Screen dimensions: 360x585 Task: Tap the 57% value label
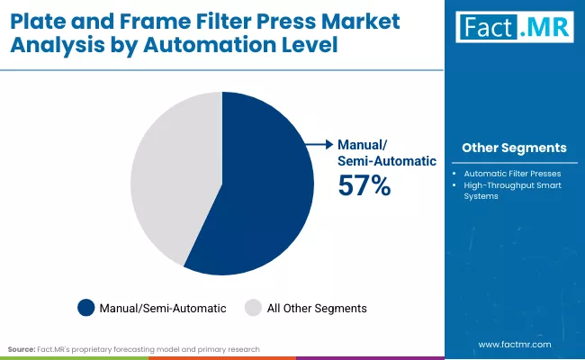click(x=364, y=185)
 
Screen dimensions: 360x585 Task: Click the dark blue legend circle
click(x=86, y=308)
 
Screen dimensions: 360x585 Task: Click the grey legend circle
click(x=252, y=308)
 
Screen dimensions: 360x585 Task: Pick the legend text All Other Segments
click(x=316, y=308)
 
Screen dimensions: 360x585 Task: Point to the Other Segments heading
click(x=514, y=148)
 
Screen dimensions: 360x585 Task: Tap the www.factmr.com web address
click(x=514, y=344)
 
